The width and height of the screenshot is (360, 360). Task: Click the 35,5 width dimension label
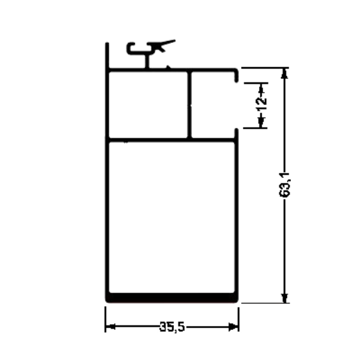click(172, 327)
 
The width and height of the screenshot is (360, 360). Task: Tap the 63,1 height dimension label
click(285, 185)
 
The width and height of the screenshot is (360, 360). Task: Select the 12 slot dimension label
click(262, 104)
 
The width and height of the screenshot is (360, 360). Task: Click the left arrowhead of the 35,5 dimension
click(110, 327)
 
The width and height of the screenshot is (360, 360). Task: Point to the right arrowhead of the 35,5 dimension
click(233, 327)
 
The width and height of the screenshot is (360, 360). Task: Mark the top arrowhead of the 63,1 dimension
click(285, 74)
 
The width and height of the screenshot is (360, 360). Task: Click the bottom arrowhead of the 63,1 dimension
click(285, 298)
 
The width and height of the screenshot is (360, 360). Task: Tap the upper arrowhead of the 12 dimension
click(261, 88)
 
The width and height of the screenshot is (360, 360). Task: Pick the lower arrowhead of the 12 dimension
click(261, 122)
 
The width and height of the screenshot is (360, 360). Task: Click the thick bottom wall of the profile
click(172, 297)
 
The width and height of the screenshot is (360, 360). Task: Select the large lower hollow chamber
click(172, 217)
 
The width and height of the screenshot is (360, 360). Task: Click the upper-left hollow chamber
click(148, 105)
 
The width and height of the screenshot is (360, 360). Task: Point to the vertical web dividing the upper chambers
click(189, 105)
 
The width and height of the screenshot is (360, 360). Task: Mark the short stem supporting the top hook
click(147, 61)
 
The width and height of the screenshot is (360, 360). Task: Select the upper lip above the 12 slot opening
click(236, 75)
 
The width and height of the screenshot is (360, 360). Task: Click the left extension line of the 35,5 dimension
click(106, 319)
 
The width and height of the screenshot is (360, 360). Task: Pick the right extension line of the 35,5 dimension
click(239, 320)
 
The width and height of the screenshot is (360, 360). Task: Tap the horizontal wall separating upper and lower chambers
click(172, 140)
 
